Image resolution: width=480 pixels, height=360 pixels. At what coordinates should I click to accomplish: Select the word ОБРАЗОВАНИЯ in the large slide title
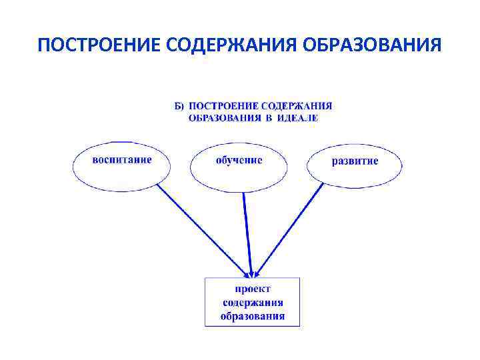click(373, 45)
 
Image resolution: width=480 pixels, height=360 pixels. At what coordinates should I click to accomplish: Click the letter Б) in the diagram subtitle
click(179, 106)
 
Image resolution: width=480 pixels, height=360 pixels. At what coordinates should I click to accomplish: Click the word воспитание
click(122, 160)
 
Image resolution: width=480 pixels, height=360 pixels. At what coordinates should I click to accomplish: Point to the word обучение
click(239, 161)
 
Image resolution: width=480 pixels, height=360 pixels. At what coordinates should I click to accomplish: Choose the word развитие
click(355, 161)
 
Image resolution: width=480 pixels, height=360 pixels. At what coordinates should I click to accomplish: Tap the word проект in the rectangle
click(252, 289)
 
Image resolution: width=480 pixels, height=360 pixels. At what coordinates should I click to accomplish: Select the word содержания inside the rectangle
click(253, 303)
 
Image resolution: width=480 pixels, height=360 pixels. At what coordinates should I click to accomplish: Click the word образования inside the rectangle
click(253, 316)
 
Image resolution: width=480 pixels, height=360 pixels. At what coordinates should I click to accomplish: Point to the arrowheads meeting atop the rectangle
click(251, 273)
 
